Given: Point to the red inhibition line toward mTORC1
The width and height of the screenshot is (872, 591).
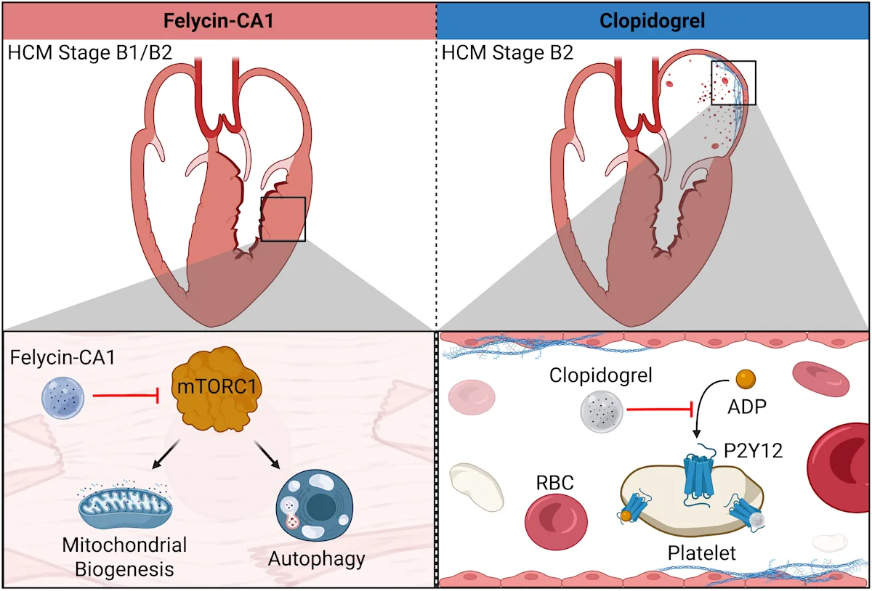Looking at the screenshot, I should [124, 397].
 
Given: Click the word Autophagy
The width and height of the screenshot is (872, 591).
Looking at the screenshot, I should [316, 559].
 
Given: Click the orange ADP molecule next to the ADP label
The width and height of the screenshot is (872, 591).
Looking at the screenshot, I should [746, 378].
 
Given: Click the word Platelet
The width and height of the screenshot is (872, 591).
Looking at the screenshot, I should [701, 553].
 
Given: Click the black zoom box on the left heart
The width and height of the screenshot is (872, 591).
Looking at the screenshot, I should [283, 219].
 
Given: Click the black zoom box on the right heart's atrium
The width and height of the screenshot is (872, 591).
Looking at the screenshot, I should [733, 83].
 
